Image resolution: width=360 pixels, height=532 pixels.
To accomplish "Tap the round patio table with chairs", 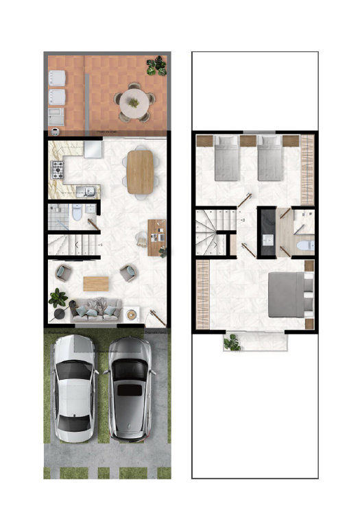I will (x=133, y=103).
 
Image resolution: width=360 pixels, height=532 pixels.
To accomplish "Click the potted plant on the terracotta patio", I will (x=156, y=66).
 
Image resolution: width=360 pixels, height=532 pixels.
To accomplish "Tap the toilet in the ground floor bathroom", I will (x=77, y=213).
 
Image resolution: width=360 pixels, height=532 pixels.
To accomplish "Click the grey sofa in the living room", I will (x=95, y=311).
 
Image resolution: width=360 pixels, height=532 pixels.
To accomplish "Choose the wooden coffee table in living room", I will (x=95, y=283).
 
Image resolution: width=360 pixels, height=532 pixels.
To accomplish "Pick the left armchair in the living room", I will (x=63, y=272).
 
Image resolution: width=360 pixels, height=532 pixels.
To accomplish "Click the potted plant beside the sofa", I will (x=58, y=300).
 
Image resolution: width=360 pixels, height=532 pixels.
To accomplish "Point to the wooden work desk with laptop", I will (x=157, y=237).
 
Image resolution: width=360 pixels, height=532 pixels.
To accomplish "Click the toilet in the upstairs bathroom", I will (x=305, y=244).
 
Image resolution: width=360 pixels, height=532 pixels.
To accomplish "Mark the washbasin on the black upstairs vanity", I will (x=267, y=239).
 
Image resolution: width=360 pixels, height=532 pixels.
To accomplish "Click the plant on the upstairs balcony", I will (x=233, y=341).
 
